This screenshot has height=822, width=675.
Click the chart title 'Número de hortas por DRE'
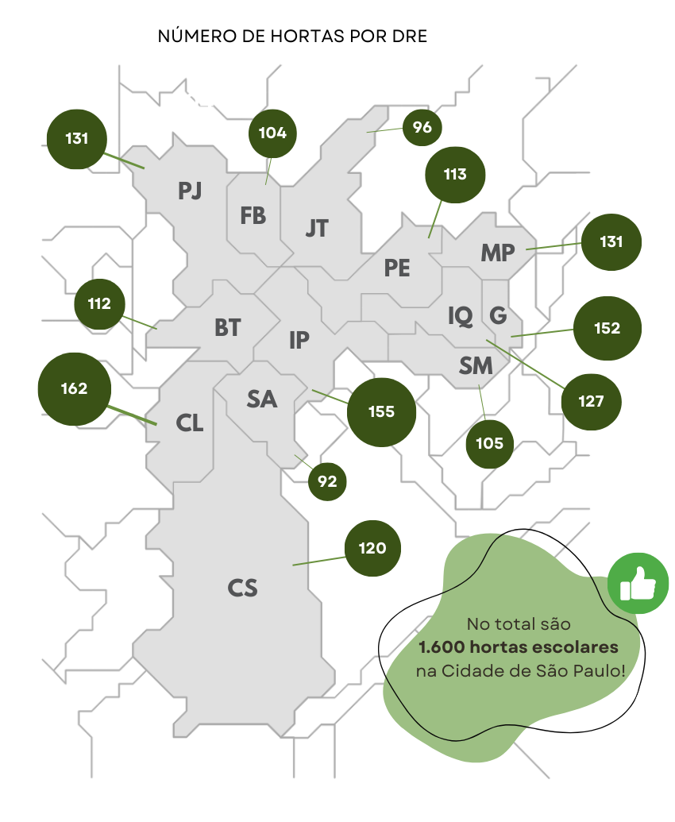(x=292, y=37)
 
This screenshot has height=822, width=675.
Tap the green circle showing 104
(x=272, y=133)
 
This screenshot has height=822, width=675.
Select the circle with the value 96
(x=422, y=127)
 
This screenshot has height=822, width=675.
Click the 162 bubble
(x=74, y=389)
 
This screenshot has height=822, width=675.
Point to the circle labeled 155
(x=381, y=412)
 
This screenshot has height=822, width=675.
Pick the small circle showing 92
(x=327, y=481)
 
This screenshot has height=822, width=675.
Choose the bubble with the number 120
(x=372, y=548)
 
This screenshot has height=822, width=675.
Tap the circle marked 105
(x=490, y=443)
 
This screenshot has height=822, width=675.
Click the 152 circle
(x=607, y=328)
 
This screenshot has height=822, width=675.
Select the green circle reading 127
(x=591, y=401)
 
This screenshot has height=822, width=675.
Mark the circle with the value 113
(x=455, y=175)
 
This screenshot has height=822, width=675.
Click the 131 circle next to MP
(x=611, y=241)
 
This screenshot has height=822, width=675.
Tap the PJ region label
(x=190, y=191)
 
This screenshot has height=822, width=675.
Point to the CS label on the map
(x=242, y=589)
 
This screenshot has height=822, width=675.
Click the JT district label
(x=317, y=229)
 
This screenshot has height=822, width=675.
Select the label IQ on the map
(x=460, y=316)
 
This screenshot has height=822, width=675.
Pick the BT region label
(x=227, y=327)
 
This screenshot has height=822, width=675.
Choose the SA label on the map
(x=262, y=399)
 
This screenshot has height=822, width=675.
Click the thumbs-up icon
(x=638, y=585)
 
